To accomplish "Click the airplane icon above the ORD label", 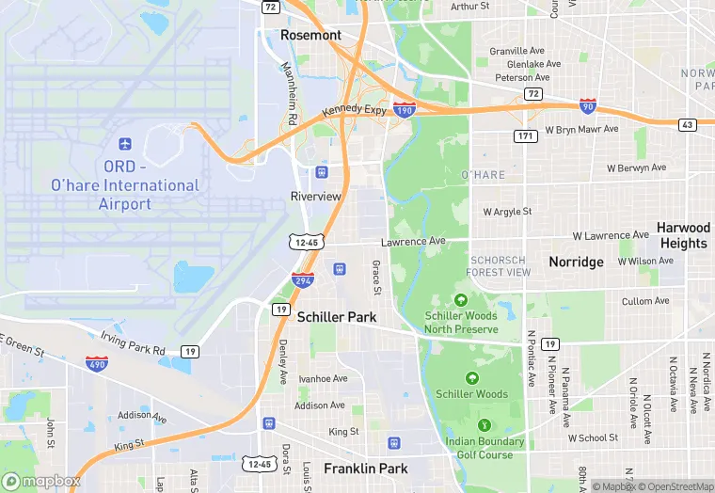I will pos(124,144).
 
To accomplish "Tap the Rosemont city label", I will pos(310,35).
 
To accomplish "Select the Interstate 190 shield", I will pos(405,109).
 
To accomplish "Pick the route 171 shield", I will pos(526,137).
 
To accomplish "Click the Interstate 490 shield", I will pos(96,362).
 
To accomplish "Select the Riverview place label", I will pos(316,197).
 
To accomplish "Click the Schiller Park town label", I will pos(337,317).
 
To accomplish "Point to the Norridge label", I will pos(576,262).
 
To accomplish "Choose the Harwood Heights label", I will pos(683,235).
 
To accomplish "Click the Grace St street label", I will pos(375,276).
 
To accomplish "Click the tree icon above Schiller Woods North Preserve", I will pos(460,300).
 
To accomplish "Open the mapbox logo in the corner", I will pos(42,481).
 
